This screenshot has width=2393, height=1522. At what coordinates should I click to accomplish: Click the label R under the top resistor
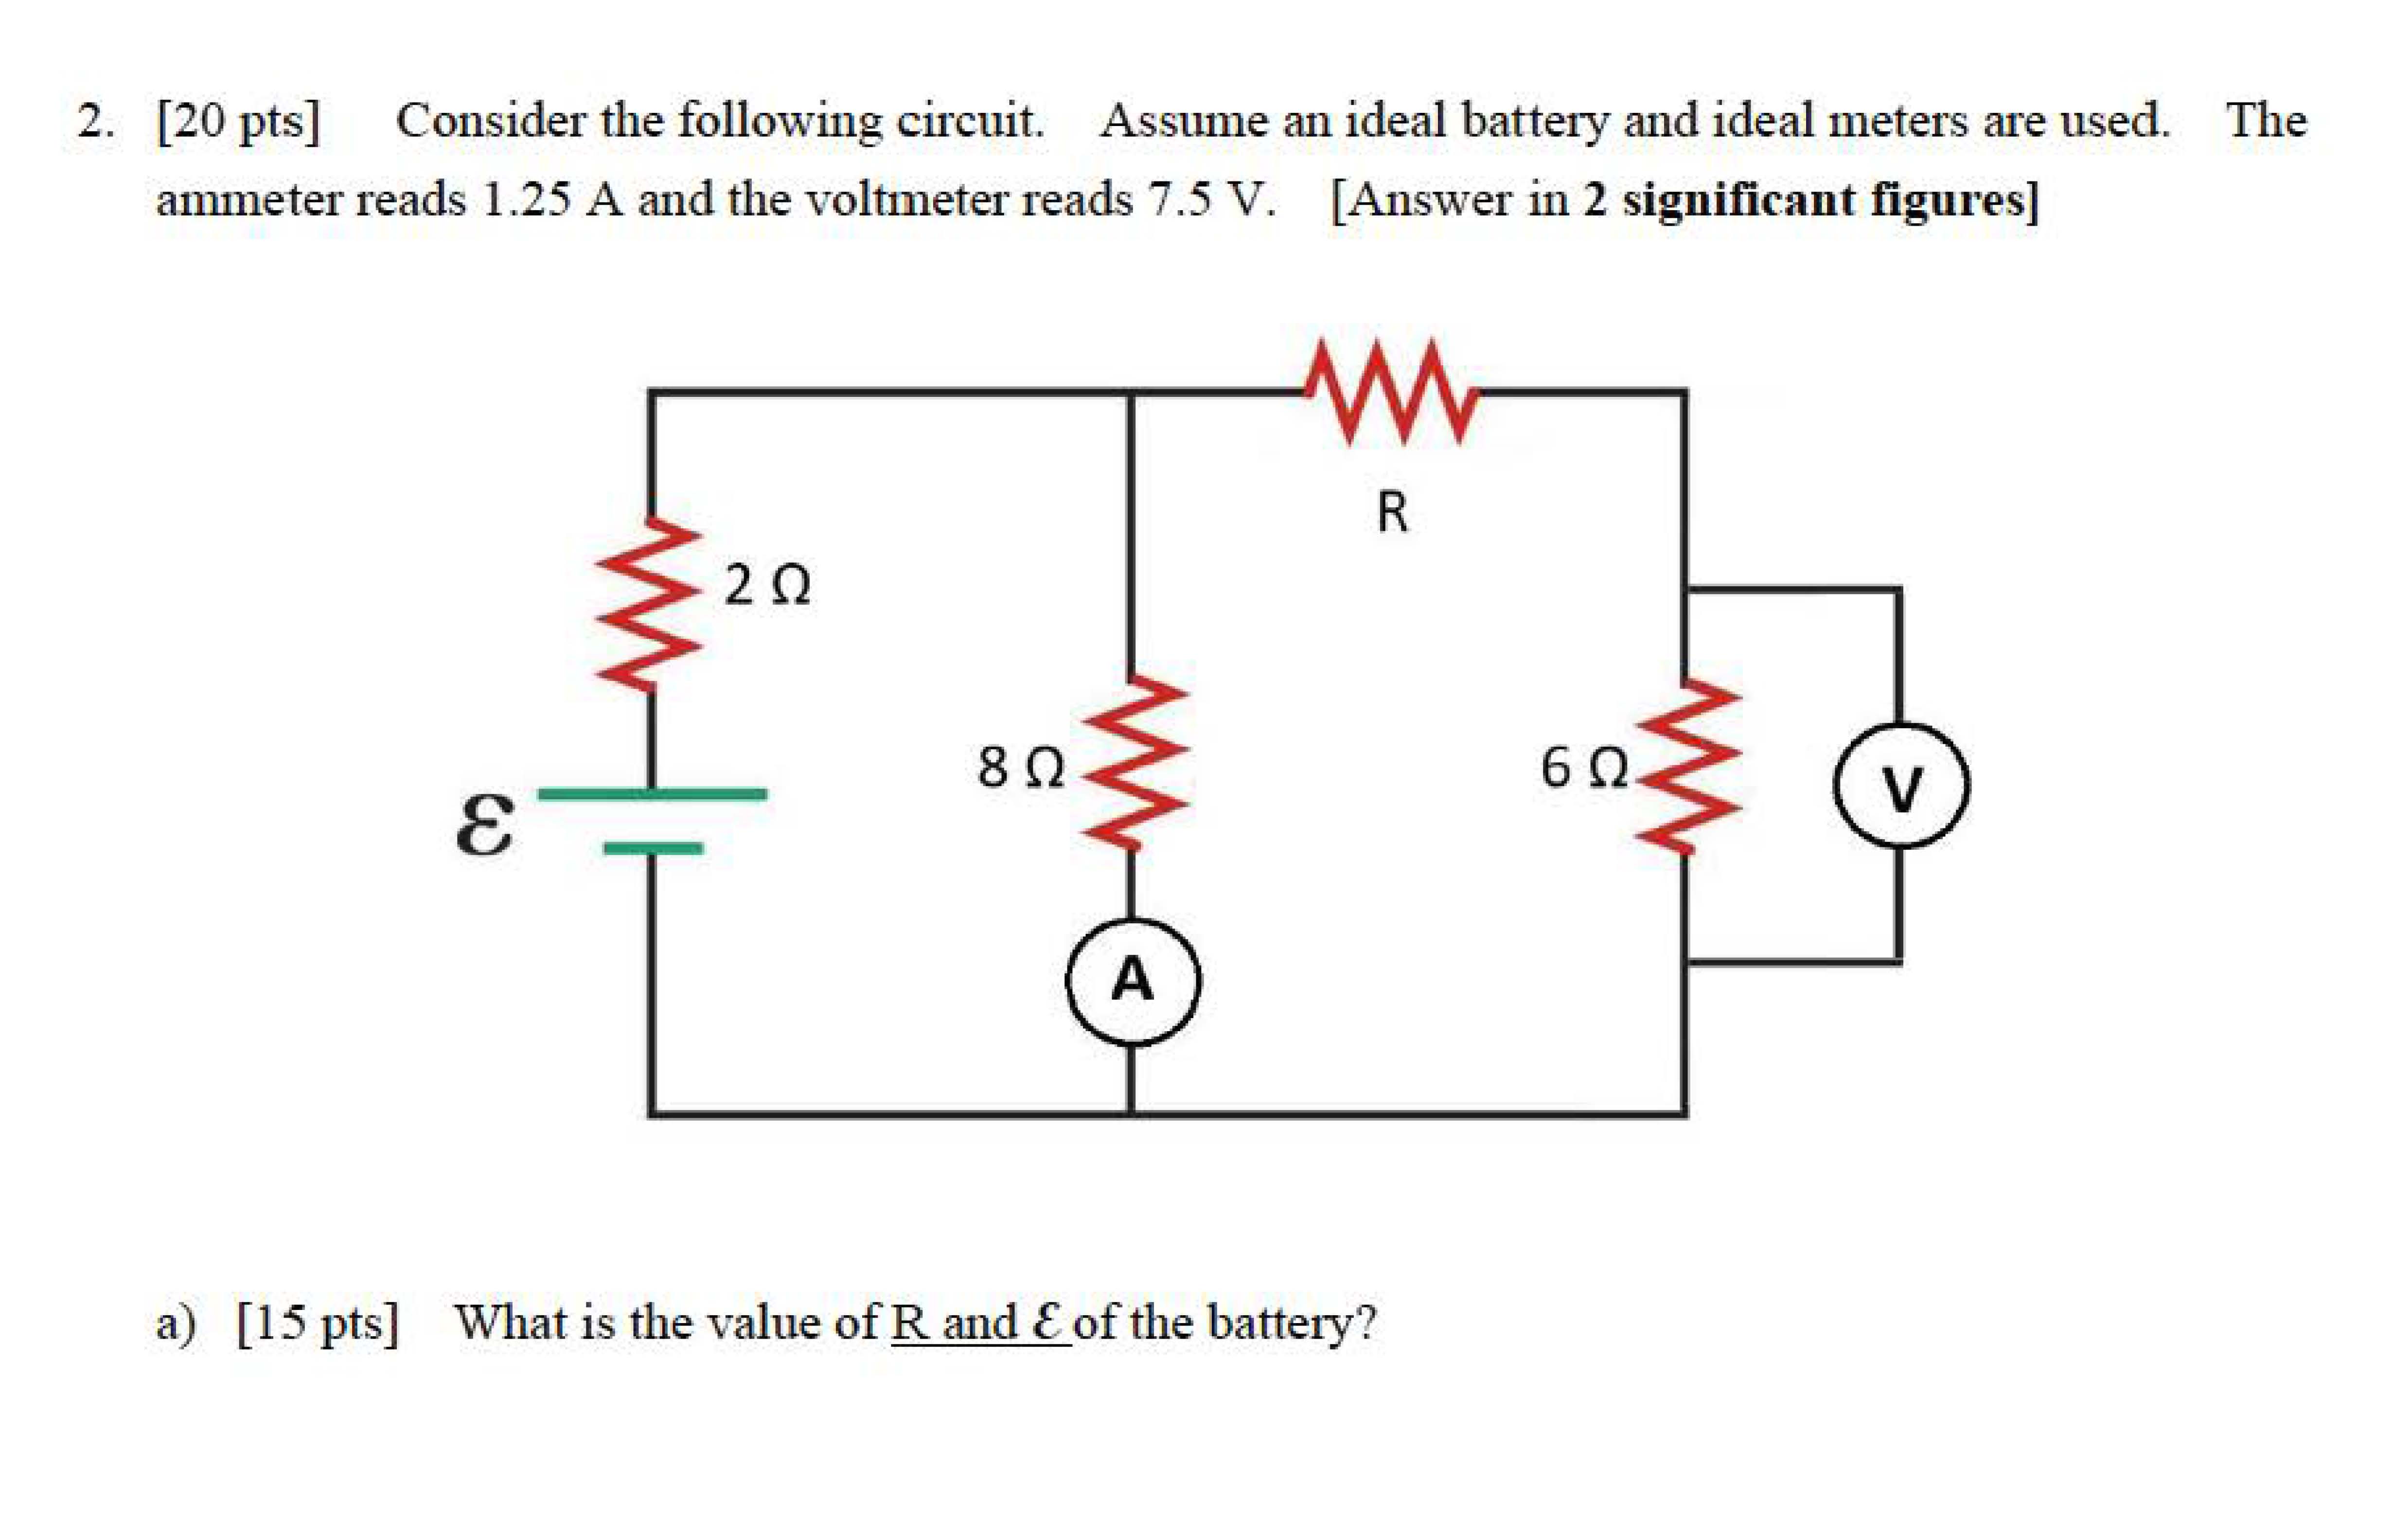coord(1392,513)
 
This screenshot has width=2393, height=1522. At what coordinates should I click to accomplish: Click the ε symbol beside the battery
coord(485,825)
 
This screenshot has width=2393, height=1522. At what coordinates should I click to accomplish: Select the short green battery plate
coord(652,848)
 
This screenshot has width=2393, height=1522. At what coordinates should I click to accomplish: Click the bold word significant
coord(1737,200)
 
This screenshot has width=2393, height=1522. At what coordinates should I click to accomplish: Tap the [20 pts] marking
coord(238,121)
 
